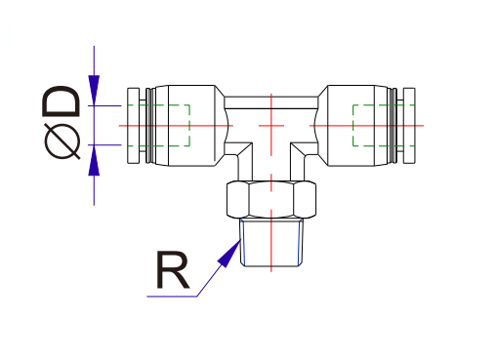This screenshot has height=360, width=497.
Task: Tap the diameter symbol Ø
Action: [62, 142]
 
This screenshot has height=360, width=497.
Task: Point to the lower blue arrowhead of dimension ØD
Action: [94, 159]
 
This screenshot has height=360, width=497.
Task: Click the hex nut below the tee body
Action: [270, 200]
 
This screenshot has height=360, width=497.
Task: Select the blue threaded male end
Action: [270, 243]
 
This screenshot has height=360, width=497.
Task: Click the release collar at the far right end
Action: [409, 126]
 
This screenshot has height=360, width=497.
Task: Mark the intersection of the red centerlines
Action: [270, 126]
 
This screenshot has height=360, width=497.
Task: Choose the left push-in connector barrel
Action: [186, 126]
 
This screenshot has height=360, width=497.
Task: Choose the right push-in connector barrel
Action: [356, 126]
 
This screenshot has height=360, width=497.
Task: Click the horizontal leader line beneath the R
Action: [171, 297]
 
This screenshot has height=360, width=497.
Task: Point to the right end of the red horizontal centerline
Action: [423, 126]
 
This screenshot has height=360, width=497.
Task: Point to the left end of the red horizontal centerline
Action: [119, 126]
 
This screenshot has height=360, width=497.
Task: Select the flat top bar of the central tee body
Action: [270, 100]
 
